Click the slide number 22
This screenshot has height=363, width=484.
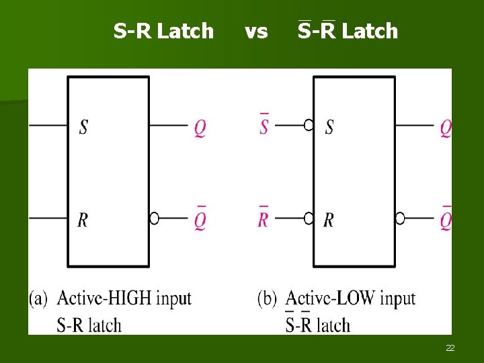(x=450, y=348)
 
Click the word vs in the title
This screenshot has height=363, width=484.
(x=256, y=31)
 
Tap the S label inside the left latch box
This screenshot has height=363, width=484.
(x=83, y=126)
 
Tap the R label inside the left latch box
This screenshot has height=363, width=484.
(x=83, y=220)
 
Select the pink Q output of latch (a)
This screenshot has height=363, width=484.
(x=200, y=128)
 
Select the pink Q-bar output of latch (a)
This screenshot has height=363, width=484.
(x=200, y=220)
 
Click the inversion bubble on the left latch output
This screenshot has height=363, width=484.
(x=154, y=218)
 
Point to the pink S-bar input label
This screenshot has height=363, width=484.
(x=264, y=125)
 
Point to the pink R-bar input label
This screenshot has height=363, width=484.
(x=264, y=218)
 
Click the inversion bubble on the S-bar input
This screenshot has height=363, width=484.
(x=309, y=124)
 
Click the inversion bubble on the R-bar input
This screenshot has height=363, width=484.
(x=309, y=218)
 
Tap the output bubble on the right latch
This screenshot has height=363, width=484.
(x=400, y=218)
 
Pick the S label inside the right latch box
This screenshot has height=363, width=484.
(x=329, y=126)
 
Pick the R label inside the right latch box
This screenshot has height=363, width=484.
(x=329, y=220)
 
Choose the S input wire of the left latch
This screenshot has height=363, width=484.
(x=47, y=125)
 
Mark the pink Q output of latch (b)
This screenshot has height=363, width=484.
(x=446, y=128)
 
